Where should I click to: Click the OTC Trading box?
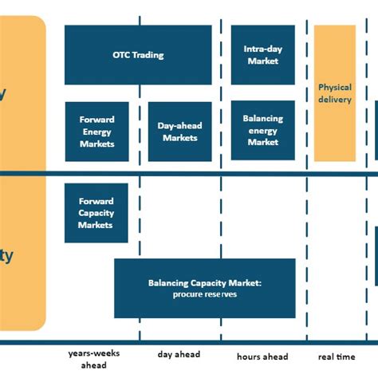[x=138, y=55]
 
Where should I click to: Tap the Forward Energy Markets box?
[x=96, y=132]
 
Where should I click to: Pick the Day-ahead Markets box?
[x=179, y=132]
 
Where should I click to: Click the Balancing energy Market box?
[x=262, y=130]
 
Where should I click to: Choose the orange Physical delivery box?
[x=334, y=93]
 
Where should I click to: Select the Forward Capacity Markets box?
[x=96, y=213]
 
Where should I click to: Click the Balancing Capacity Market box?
[x=204, y=289]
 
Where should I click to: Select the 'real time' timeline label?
[x=337, y=356]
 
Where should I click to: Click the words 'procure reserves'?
[x=204, y=295]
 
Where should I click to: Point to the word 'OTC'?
[x=122, y=55]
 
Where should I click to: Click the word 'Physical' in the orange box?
[x=335, y=88]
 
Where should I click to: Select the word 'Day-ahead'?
[x=179, y=126]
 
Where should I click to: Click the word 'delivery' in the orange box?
[x=335, y=100]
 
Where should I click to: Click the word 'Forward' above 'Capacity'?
[x=96, y=202]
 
